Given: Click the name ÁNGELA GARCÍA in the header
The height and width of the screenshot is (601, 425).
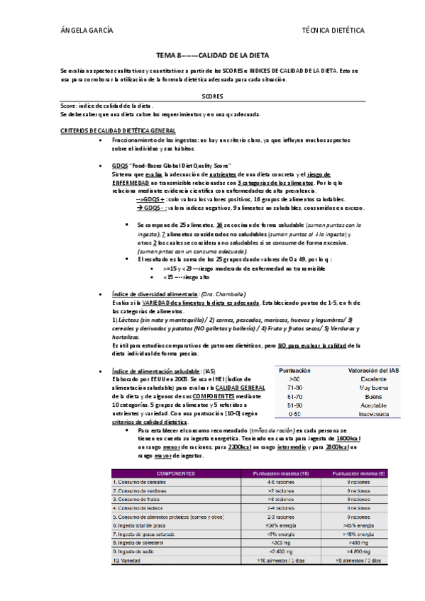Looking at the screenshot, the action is (x=87, y=31).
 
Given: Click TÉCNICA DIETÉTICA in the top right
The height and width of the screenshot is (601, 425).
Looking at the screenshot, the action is (x=333, y=31).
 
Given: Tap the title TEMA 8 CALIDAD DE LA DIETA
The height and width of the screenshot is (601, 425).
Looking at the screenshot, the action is (x=212, y=55).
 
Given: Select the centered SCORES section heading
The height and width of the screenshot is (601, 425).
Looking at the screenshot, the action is (x=212, y=96).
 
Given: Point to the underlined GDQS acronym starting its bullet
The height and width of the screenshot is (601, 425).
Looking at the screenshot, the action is (x=119, y=165).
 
